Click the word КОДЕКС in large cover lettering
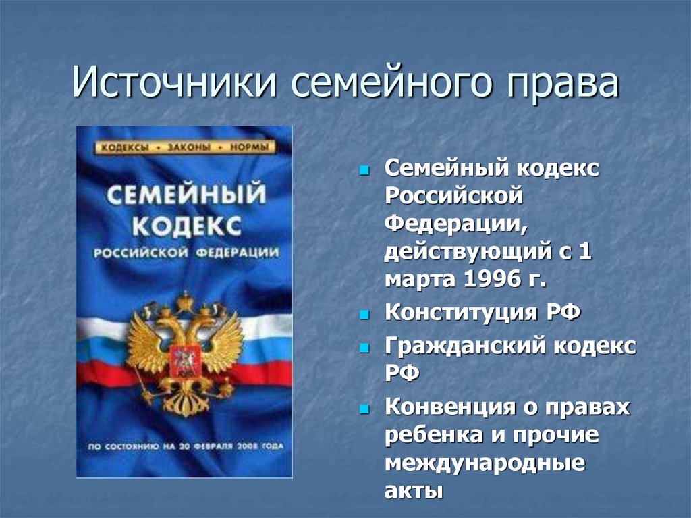point(186,227)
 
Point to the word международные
point(485,464)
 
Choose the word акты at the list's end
point(414,490)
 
